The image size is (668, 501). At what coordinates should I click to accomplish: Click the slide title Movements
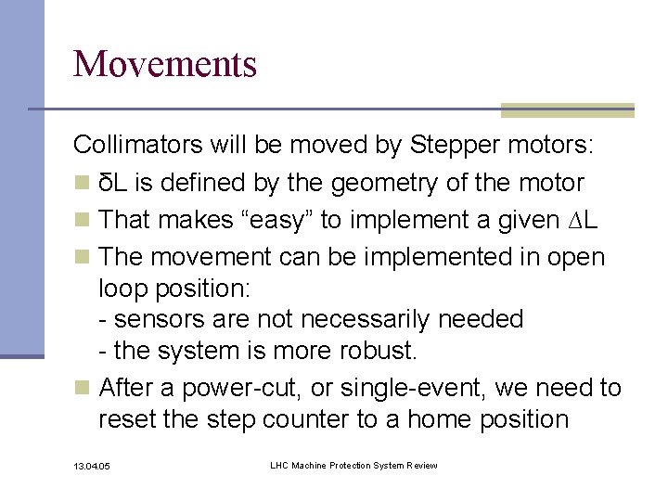click(165, 64)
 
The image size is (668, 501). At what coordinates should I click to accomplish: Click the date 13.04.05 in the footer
click(92, 466)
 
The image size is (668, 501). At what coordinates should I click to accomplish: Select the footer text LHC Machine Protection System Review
click(353, 465)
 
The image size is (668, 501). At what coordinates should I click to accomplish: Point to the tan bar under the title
click(567, 110)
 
